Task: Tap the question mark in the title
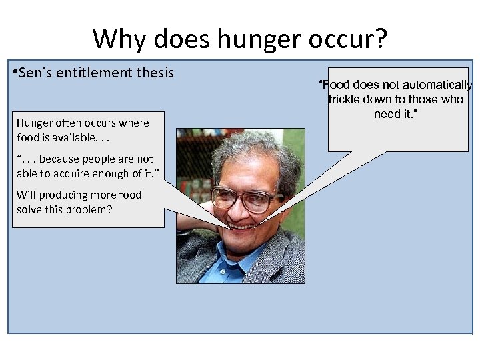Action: pos(379,39)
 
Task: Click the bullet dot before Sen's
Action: pos(15,72)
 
